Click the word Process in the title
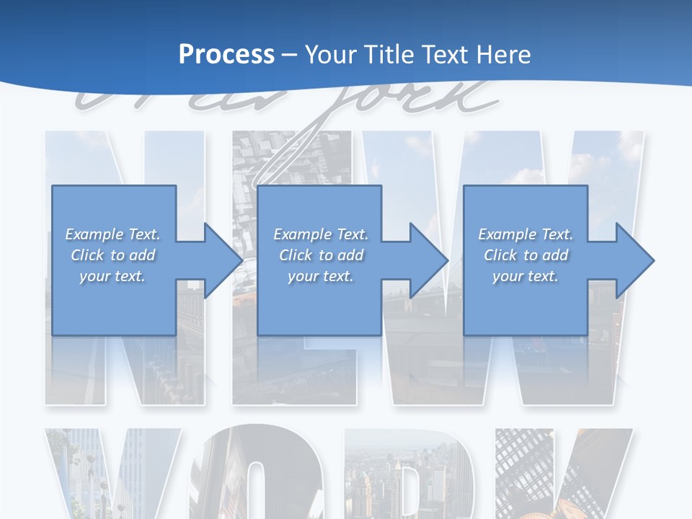[x=226, y=54]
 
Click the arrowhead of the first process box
[x=222, y=260]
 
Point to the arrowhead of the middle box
[x=428, y=260]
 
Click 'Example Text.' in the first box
[x=112, y=234]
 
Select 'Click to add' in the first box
[x=112, y=255]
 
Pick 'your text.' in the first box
[x=112, y=276]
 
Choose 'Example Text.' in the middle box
[x=320, y=234]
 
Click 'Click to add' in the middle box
[x=320, y=255]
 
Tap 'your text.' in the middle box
[x=320, y=276]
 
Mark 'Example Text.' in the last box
[x=525, y=234]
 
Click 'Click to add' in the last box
[x=525, y=255]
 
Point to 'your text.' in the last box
[x=525, y=276]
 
